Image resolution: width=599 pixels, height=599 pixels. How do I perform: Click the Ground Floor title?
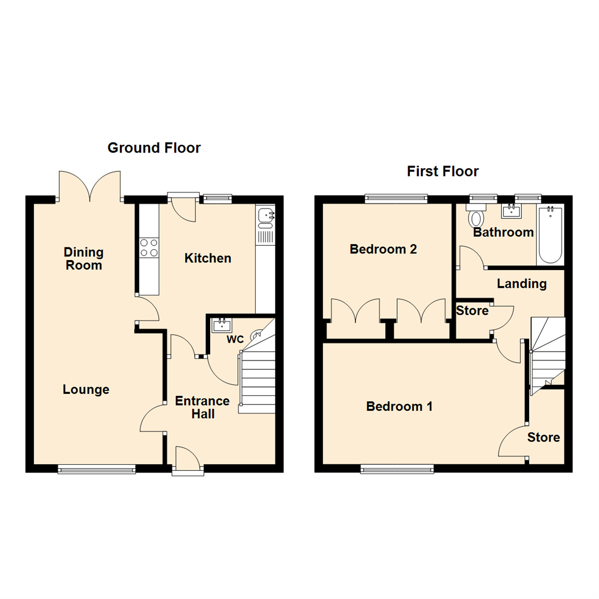[x=154, y=148]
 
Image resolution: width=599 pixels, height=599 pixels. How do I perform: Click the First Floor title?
[x=443, y=171]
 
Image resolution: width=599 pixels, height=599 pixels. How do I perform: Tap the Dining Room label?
[x=83, y=259]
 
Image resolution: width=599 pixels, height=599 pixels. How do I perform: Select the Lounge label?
[x=86, y=389]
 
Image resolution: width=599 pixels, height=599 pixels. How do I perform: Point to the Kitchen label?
[x=207, y=258]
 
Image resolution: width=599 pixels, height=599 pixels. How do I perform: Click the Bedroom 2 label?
[x=383, y=250]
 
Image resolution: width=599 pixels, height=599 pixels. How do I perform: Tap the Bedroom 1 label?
[x=399, y=407]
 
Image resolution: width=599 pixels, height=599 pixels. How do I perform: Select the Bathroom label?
[x=503, y=232]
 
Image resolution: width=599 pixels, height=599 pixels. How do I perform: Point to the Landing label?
[x=521, y=284]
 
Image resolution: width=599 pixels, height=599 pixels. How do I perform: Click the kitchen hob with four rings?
[x=149, y=247]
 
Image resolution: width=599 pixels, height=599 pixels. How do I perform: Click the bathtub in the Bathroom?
[x=550, y=236]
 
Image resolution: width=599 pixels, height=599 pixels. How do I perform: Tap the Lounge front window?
[x=97, y=469]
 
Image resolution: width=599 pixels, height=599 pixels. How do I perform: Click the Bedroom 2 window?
[x=396, y=197]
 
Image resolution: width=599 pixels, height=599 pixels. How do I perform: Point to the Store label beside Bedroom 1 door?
[x=544, y=438]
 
